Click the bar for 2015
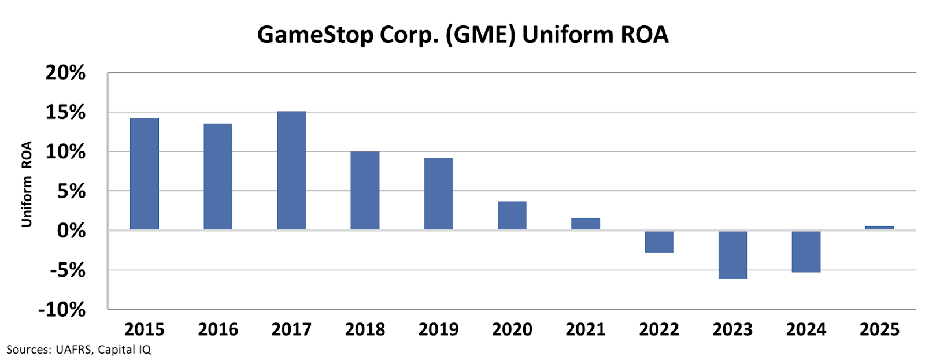tap(145, 174)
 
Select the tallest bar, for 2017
tap(291, 170)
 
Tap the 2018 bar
tap(365, 191)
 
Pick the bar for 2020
tap(512, 216)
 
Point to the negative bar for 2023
tap(732, 254)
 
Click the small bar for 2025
tap(879, 228)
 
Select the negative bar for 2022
tap(659, 242)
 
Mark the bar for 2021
tap(586, 224)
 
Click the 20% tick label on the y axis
tap(65, 73)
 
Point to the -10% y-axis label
tap(61, 310)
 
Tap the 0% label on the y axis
tap(71, 231)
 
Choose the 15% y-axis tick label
tap(65, 113)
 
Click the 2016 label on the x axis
tap(218, 329)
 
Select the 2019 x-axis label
tap(438, 329)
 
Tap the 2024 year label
tap(806, 329)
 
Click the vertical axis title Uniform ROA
tap(27, 184)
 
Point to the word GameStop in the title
tap(315, 35)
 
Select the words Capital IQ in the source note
tap(124, 350)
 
